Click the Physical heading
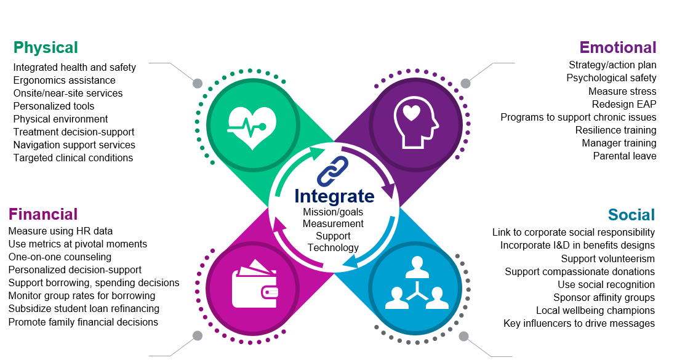[x=46, y=47]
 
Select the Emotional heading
[x=617, y=47]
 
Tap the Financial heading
[x=43, y=214]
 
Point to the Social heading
[x=631, y=215]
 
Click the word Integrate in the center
[x=334, y=196]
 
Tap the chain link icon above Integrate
[x=333, y=171]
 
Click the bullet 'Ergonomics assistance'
[x=64, y=80]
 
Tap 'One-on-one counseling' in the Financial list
[x=60, y=257]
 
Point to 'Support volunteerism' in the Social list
[x=607, y=258]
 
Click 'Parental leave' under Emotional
[x=625, y=156]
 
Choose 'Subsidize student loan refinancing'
[x=84, y=308]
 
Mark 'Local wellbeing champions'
[x=595, y=310]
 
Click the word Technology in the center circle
[x=333, y=247]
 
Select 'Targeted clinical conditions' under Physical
[x=73, y=158]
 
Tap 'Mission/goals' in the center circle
[x=333, y=212]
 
